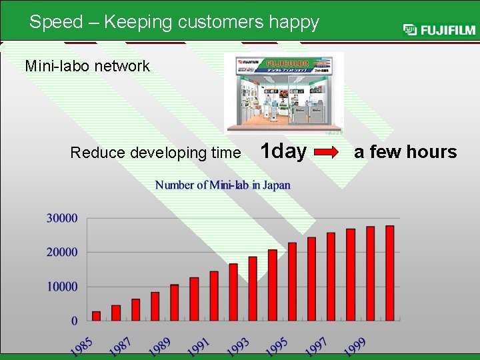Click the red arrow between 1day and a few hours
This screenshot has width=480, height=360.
click(327, 153)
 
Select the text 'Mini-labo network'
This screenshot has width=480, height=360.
click(87, 66)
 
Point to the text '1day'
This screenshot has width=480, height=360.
click(283, 151)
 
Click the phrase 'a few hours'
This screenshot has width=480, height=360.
click(405, 152)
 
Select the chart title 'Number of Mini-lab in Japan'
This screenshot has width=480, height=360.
click(223, 185)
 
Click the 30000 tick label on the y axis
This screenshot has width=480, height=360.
click(62, 218)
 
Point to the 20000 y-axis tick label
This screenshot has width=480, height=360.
click(62, 253)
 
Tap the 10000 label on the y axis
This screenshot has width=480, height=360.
click(62, 287)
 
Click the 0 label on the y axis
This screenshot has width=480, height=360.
click(74, 321)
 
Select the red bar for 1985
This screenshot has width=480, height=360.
click(96, 316)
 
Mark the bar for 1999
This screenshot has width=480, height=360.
click(370, 273)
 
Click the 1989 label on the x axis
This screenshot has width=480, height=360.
click(159, 346)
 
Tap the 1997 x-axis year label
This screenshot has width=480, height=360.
click(316, 346)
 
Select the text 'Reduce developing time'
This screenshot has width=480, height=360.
click(155, 153)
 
